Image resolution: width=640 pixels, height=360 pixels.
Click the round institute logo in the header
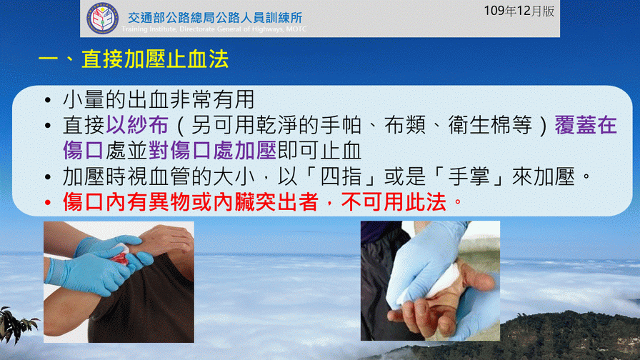(102, 18)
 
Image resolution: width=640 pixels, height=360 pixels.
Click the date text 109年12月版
(519, 11)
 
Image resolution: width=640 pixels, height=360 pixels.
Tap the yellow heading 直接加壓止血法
(155, 59)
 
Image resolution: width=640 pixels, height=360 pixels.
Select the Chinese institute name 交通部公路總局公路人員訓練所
(215, 18)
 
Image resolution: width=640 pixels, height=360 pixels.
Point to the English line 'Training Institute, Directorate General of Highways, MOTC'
(214, 29)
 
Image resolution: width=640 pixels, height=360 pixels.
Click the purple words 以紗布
(137, 125)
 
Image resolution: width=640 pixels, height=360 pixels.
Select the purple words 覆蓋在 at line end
(585, 125)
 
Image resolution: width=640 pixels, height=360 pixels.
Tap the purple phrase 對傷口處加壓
(213, 151)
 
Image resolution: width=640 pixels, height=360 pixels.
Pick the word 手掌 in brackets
(469, 176)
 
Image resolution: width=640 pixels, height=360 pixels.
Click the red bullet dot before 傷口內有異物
(48, 202)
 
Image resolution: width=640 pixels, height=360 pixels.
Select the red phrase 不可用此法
(394, 202)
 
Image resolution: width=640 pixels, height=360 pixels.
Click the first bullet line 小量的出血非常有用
(159, 99)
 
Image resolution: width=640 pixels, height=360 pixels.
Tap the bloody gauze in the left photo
(121, 254)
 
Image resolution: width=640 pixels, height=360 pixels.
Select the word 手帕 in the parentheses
(341, 125)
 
